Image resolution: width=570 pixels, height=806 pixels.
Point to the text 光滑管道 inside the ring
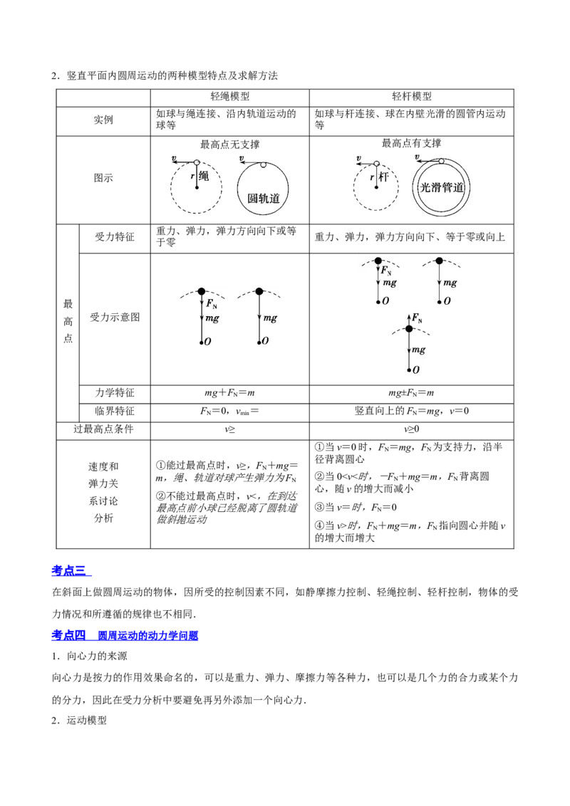[442, 188]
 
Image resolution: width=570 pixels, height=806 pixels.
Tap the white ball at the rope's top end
[197, 163]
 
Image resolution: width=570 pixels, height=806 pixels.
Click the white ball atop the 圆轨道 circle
[263, 165]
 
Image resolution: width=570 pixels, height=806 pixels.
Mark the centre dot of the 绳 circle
[197, 187]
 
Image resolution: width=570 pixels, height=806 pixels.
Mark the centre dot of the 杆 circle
[376, 187]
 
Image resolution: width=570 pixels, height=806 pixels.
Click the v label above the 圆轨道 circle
[242, 158]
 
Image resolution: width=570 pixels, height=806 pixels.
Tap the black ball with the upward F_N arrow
[409, 328]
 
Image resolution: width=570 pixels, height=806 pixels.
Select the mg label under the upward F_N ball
[418, 350]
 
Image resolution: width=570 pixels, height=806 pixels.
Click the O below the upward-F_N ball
[415, 370]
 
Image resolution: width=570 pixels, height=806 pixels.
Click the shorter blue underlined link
[72, 571]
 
